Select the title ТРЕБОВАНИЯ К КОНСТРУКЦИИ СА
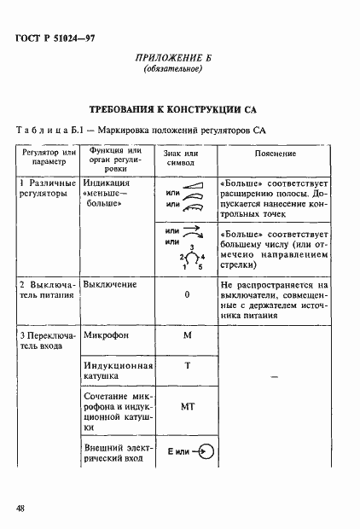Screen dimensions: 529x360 click(x=179, y=109)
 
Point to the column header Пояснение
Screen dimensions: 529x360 click(x=276, y=154)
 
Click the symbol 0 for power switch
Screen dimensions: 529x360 click(x=186, y=294)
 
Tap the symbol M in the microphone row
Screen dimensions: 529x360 click(x=186, y=336)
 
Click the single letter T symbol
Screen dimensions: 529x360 click(x=186, y=366)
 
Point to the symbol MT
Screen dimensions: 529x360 click(x=186, y=407)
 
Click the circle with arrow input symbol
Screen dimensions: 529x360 click(x=204, y=451)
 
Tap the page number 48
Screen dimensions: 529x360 click(x=20, y=509)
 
